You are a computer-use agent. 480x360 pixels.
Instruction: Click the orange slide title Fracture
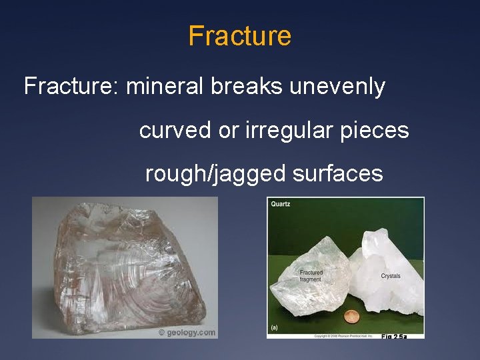239,35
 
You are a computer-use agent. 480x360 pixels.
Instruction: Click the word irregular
284,131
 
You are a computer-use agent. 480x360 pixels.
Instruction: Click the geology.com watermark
187,332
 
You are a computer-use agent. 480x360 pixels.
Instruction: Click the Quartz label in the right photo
281,204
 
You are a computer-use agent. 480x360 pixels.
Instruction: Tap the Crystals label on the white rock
391,276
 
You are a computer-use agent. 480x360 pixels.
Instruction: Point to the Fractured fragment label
311,276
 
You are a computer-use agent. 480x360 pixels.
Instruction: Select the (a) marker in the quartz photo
274,327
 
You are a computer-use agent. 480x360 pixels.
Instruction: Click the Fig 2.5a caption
393,337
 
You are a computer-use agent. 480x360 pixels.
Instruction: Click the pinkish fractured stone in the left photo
120,267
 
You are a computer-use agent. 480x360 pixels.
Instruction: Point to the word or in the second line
227,131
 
